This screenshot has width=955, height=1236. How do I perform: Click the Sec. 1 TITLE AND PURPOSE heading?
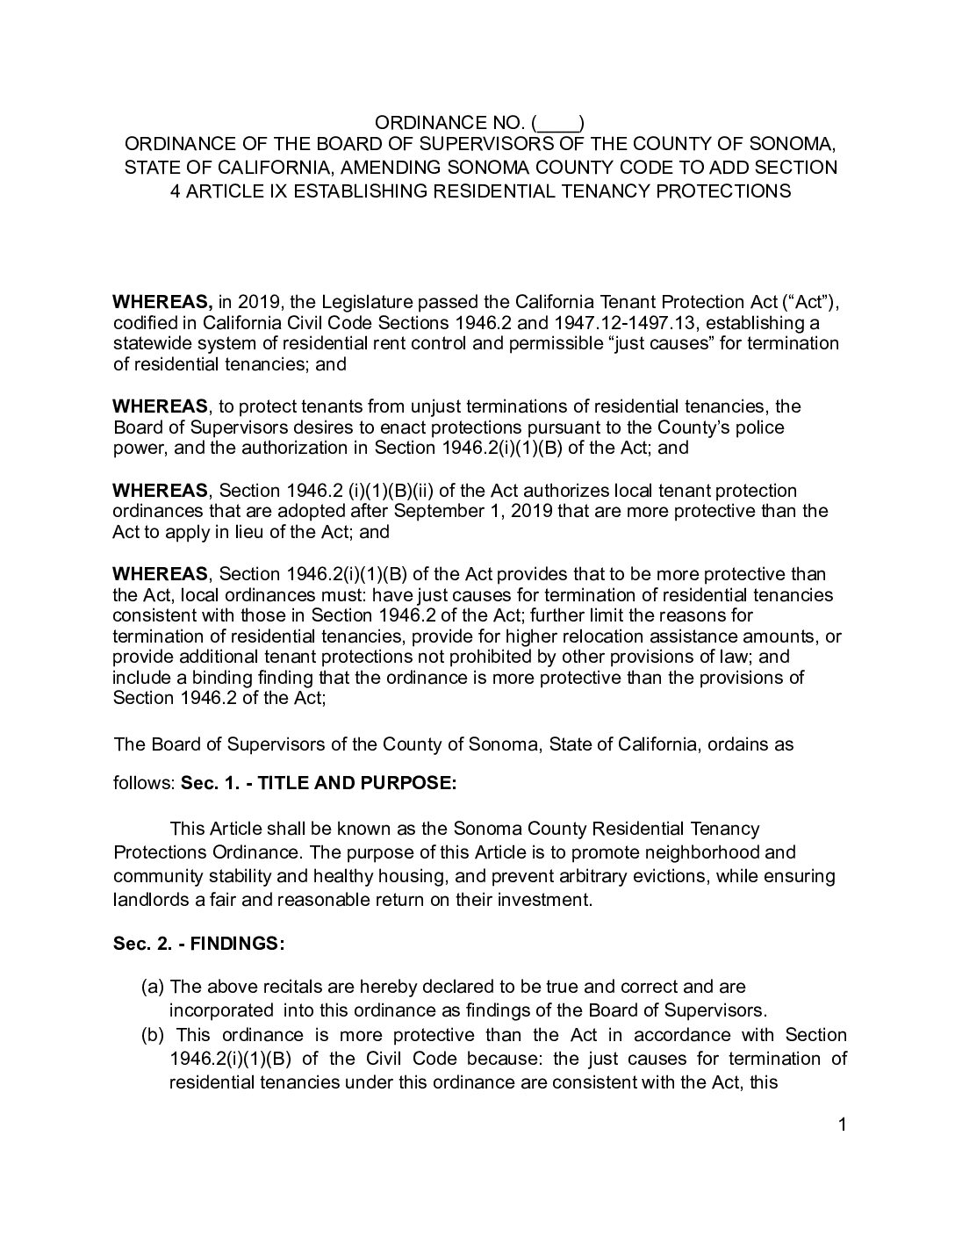[319, 783]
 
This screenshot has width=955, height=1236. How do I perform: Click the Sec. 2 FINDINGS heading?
[198, 945]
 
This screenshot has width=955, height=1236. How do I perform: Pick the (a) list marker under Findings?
[153, 987]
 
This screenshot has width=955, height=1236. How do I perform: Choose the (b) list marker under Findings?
[153, 1035]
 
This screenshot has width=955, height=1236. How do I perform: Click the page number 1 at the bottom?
[841, 1125]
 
